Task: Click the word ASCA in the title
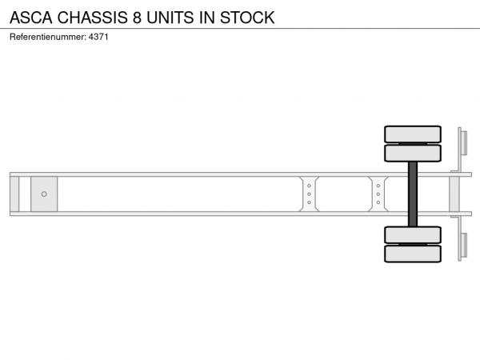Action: (x=31, y=18)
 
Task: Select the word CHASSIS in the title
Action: (x=92, y=18)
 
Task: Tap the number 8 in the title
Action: (x=137, y=18)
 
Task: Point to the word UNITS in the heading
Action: (x=170, y=18)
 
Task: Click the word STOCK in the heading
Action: (x=247, y=18)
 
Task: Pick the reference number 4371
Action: (x=98, y=37)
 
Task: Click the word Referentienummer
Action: (x=48, y=37)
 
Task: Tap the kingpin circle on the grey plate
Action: (x=44, y=194)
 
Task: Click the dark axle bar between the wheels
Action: (x=413, y=194)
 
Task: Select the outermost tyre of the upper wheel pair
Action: (x=413, y=134)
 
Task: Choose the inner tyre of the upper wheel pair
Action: (x=413, y=153)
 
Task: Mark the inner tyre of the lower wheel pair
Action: (x=413, y=235)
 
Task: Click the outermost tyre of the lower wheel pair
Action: (x=413, y=254)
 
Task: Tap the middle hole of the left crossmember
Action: (x=309, y=194)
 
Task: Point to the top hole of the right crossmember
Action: (x=378, y=186)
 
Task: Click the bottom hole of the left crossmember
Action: (x=309, y=202)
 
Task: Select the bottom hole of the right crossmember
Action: (x=378, y=202)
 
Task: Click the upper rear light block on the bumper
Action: (x=464, y=143)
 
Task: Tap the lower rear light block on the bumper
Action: (x=464, y=246)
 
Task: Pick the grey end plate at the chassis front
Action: (x=14, y=194)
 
